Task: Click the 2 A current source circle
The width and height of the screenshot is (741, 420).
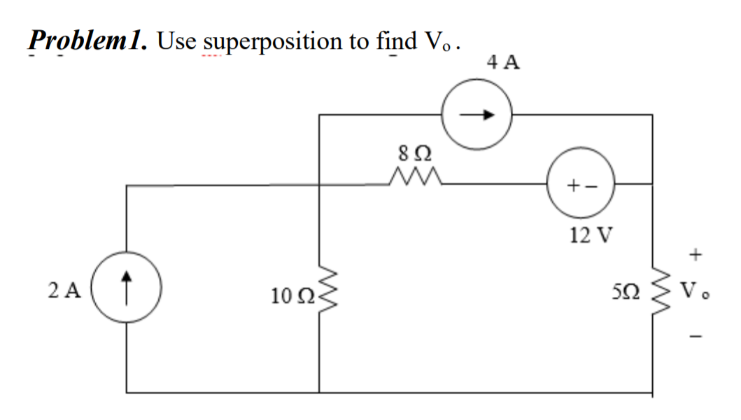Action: [x=127, y=288]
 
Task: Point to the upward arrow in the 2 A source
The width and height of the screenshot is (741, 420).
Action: [x=127, y=287]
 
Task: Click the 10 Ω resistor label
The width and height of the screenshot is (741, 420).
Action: [x=289, y=297]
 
